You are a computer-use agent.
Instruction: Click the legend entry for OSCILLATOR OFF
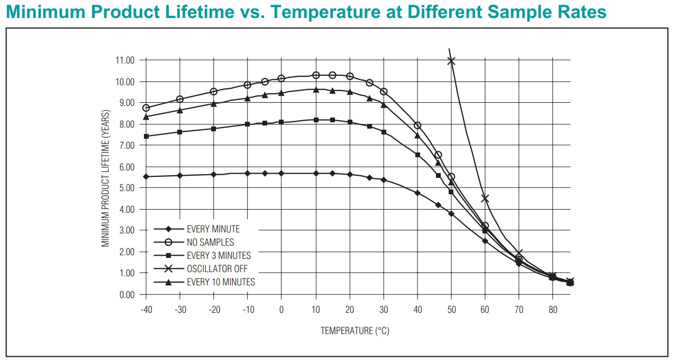point(217,269)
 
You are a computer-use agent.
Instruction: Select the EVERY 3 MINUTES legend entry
point(219,256)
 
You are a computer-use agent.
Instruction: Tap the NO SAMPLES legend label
point(210,242)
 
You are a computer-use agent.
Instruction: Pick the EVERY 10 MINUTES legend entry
point(221,282)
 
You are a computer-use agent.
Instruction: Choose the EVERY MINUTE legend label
point(213,229)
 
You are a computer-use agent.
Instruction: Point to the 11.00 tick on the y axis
point(125,60)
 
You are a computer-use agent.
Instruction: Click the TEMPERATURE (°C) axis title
point(354,331)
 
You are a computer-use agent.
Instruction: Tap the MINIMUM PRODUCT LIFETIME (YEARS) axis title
point(106,177)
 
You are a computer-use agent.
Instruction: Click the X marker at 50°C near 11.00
point(451,61)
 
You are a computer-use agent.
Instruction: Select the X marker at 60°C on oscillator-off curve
point(485,199)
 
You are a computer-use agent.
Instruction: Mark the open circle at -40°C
point(146,108)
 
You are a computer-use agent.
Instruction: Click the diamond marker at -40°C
point(146,176)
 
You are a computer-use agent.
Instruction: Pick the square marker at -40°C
point(146,136)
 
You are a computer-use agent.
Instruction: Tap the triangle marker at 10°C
point(316,90)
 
